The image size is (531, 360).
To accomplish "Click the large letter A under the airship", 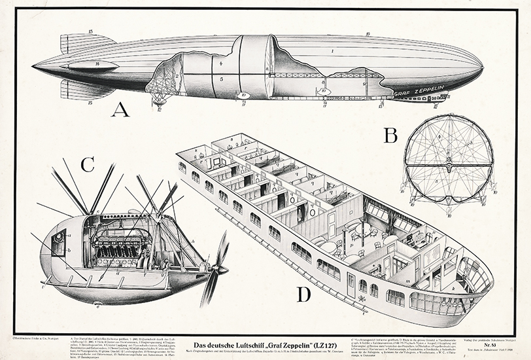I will point(120,109).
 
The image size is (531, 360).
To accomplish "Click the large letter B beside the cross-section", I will point(390,135).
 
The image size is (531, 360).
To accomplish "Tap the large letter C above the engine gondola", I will point(87,164).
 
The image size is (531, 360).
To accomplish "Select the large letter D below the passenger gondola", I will point(303,295).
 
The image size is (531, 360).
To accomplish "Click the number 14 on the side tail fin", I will point(97,64).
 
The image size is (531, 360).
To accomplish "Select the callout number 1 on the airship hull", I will point(332,50).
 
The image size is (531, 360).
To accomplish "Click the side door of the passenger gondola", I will point(351,282).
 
